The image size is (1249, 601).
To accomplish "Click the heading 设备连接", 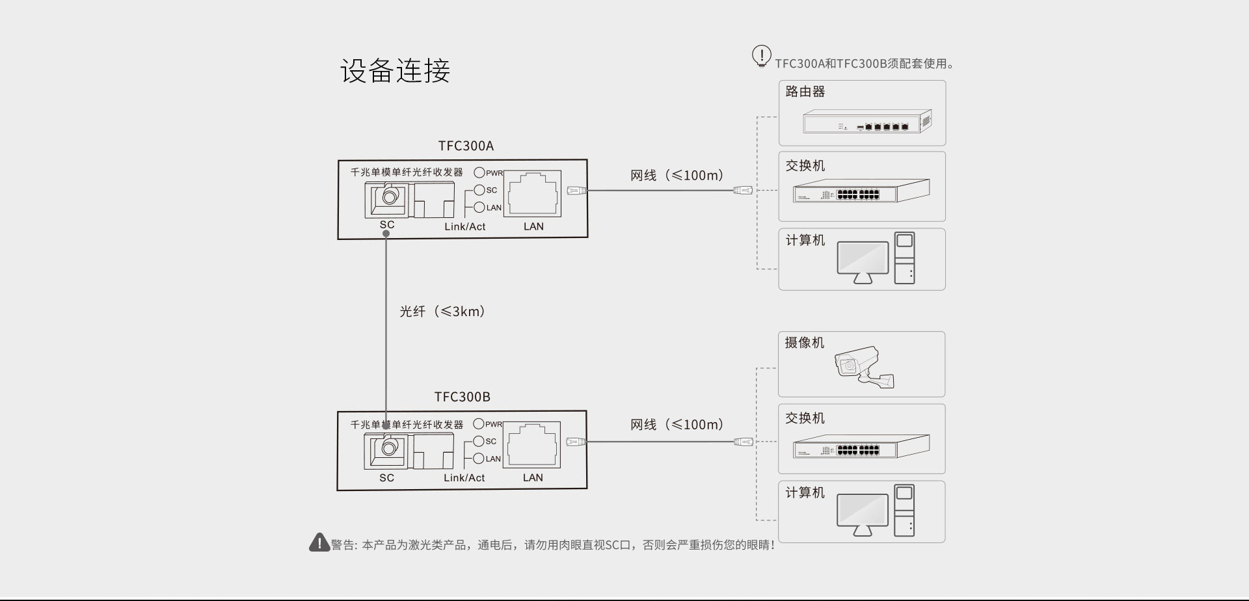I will coord(395,70).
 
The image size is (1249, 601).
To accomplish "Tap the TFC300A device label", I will coord(466,146).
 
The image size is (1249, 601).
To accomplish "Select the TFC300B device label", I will coord(462,397).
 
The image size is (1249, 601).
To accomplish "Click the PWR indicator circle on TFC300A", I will coord(479,172).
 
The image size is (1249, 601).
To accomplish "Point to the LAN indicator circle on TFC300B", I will coord(479,459).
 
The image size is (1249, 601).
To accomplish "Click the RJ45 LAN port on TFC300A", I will coord(533,193).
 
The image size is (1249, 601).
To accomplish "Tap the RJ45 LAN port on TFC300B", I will coord(532,444).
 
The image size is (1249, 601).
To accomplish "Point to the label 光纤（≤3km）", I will coord(442,312).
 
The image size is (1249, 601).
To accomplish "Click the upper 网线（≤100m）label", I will coord(677,176).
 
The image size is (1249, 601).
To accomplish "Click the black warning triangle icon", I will coord(319,542).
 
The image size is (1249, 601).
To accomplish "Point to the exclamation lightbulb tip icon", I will coord(761,56).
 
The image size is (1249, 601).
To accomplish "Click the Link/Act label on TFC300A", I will coord(464,226).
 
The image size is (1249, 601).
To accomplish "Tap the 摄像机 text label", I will coord(804,343).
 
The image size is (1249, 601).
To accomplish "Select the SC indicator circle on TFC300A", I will coord(479,190).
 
